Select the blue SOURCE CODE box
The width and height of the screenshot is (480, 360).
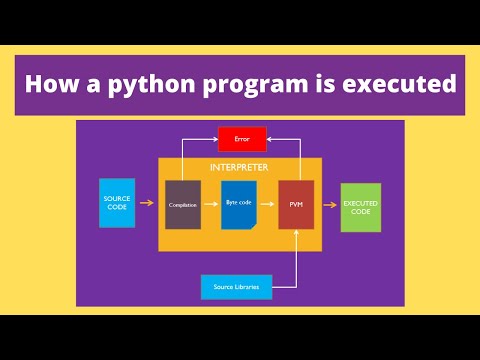[117, 203]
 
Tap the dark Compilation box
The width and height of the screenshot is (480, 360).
[183, 204]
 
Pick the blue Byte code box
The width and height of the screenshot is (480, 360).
[239, 204]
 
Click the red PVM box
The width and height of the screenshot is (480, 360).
[296, 204]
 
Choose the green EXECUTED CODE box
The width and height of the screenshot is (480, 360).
[360, 207]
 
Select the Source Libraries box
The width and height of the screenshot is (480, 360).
[236, 287]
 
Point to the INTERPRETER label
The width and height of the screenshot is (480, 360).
[239, 166]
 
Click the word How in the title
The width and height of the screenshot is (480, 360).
[47, 85]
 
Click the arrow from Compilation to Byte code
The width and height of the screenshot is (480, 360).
[211, 204]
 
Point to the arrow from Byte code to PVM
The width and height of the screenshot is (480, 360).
[267, 204]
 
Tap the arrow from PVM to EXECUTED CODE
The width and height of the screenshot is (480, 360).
[327, 204]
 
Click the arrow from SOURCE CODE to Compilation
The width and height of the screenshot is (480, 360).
[147, 204]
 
